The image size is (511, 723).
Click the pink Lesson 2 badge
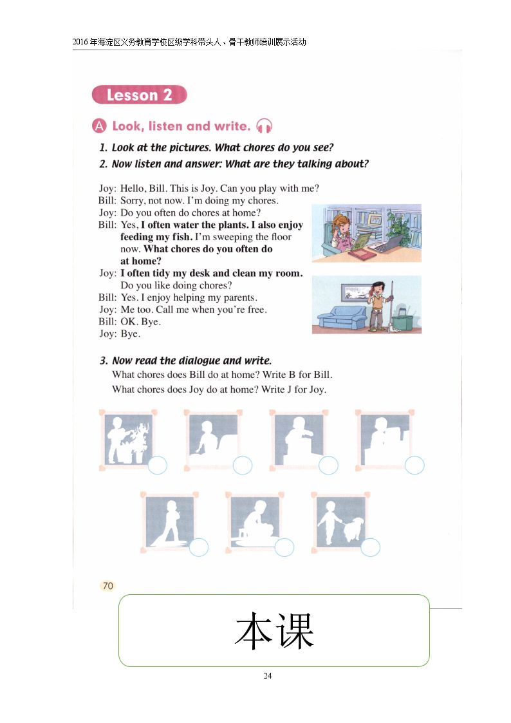click(x=139, y=95)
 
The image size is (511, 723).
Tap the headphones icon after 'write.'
click(x=264, y=126)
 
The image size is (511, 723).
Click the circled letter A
click(x=99, y=126)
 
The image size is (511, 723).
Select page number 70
click(x=108, y=586)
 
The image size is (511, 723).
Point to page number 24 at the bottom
click(x=268, y=675)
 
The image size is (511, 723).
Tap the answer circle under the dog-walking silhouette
click(x=370, y=547)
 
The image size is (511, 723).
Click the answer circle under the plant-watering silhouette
click(x=157, y=465)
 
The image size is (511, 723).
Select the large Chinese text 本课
click(x=274, y=631)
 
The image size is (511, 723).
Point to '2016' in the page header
click(x=80, y=42)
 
